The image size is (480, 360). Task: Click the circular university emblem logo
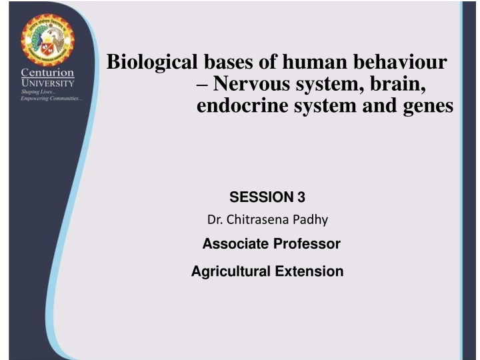pyautogui.click(x=49, y=39)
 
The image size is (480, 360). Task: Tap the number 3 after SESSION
pyautogui.click(x=301, y=197)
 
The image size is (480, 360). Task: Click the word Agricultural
pyautogui.click(x=229, y=271)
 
